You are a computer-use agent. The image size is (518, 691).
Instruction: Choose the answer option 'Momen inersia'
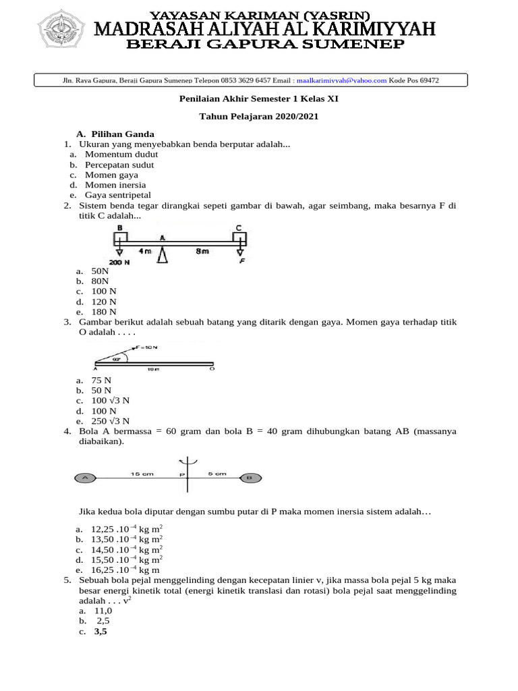[115, 185]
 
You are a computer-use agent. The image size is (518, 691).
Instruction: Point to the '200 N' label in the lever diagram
[121, 261]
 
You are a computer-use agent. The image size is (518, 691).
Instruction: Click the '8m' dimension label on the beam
[202, 250]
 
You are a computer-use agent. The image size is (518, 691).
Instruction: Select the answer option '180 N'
[104, 312]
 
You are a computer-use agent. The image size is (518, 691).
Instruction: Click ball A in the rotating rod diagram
[86, 478]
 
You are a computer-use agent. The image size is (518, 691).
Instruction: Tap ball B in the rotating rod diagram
[249, 478]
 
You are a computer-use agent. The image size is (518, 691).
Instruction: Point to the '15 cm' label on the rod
[142, 474]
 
